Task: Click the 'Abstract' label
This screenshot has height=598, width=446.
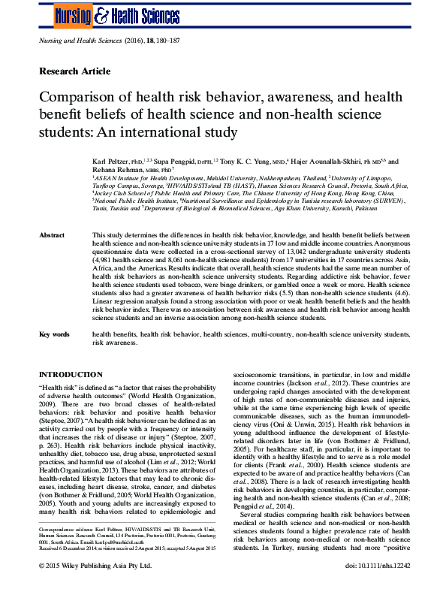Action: point(54,236)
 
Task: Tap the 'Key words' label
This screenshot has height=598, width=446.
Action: point(56,333)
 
